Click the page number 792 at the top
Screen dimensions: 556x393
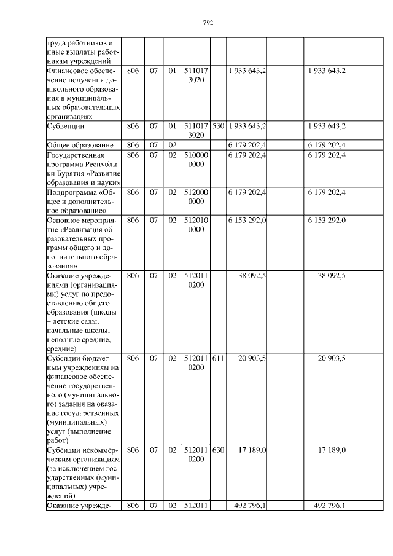[x=208, y=23]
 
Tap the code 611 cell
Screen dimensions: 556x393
[x=217, y=358]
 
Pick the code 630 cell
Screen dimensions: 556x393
[x=217, y=450]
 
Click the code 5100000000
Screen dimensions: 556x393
[x=196, y=160]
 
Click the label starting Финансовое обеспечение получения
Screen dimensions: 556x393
[x=82, y=92]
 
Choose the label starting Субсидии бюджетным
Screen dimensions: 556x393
[x=82, y=399]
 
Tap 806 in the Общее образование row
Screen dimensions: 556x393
[x=132, y=144]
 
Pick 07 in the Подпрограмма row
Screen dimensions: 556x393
[x=154, y=192]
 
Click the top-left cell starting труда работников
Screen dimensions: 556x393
[x=82, y=52]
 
